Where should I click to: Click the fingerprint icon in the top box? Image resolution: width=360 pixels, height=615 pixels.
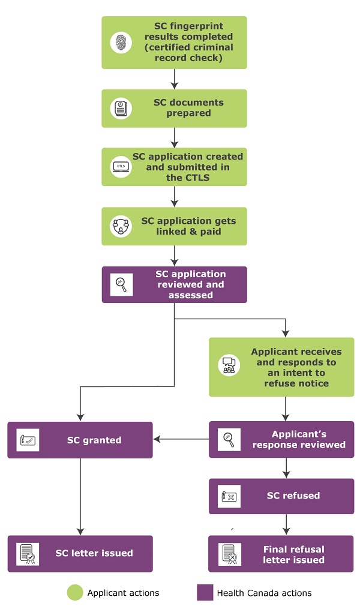[121, 42]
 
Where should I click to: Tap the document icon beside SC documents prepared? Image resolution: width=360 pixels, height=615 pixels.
[121, 108]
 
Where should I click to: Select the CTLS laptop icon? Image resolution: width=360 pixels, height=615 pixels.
[121, 167]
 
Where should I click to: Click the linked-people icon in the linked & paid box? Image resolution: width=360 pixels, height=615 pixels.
[121, 226]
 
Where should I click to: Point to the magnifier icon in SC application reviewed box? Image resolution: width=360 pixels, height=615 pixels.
[121, 284]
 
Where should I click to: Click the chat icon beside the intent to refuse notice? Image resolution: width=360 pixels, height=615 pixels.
[229, 365]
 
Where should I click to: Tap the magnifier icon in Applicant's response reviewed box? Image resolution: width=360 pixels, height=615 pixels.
[229, 440]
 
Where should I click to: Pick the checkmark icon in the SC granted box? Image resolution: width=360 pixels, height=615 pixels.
[28, 440]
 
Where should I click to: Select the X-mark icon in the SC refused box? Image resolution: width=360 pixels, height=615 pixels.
[229, 496]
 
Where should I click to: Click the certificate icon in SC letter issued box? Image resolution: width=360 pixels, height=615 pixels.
[28, 553]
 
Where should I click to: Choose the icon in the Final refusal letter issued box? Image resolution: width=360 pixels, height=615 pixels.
[229, 553]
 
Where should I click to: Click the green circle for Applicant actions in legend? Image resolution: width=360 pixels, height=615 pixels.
[75, 593]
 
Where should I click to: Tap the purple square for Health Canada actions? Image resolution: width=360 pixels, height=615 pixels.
[205, 593]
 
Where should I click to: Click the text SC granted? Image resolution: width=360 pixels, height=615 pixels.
[94, 440]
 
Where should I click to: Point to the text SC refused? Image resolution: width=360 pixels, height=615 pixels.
[293, 496]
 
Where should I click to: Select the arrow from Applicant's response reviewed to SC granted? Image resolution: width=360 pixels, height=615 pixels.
[181, 440]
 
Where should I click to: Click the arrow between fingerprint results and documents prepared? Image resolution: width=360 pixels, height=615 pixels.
[173, 79]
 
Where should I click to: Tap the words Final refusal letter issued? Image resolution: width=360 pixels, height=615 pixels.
[293, 554]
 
